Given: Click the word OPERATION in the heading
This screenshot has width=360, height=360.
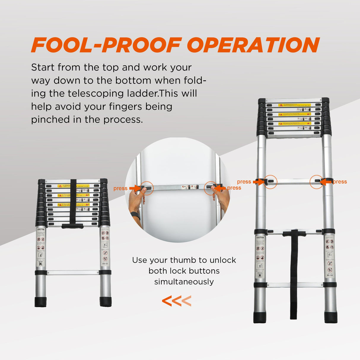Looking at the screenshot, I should click(253, 45).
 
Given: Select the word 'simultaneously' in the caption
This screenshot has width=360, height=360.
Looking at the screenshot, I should click(184, 282).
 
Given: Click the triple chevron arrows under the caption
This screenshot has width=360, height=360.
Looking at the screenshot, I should click(177, 301).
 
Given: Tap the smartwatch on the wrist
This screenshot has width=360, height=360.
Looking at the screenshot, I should click(136, 215).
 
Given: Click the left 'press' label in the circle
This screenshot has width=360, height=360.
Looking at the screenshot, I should click(120, 188).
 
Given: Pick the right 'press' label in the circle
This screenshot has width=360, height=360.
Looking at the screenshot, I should click(234, 188).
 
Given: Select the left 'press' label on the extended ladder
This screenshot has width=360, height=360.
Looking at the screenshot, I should click(244, 182).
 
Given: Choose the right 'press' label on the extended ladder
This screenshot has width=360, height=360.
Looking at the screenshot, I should click(340, 182).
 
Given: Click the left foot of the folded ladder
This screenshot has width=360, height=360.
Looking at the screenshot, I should click(41, 302).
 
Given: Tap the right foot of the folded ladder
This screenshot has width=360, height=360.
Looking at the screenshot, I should click(106, 302).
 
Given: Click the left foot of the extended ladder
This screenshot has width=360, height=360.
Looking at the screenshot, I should click(260, 317).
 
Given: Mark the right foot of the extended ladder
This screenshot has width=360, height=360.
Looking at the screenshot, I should click(331, 317).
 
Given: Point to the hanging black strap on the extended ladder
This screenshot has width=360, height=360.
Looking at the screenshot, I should click(294, 276).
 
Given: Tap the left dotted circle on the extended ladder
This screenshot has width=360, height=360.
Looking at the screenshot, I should click(270, 182).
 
